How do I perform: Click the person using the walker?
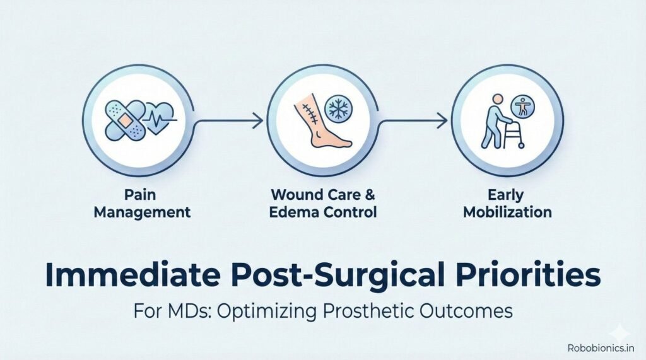click(x=491, y=122)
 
